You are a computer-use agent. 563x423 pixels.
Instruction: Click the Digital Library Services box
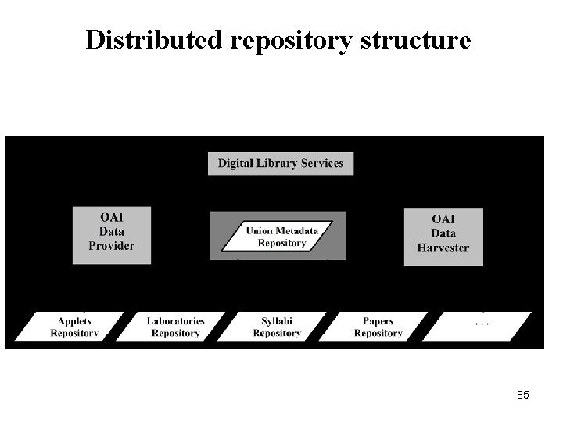tap(281, 164)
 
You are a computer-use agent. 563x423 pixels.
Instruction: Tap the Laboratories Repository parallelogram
tap(176, 327)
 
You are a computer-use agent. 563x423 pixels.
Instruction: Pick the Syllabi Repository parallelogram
tap(277, 327)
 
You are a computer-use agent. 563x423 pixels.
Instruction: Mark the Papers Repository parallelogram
tap(378, 327)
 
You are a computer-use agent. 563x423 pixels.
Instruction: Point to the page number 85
tap(523, 395)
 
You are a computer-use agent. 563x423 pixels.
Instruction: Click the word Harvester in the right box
tap(443, 248)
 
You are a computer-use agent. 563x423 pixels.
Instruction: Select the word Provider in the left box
tap(112, 246)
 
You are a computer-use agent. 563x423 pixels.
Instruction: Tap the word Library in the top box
tap(280, 164)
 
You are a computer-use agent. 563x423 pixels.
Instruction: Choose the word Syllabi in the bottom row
tap(277, 321)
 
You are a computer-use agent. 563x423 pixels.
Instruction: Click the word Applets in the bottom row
tap(74, 321)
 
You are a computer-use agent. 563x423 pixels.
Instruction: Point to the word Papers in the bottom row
tap(378, 321)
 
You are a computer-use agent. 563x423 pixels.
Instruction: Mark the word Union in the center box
tap(260, 231)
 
